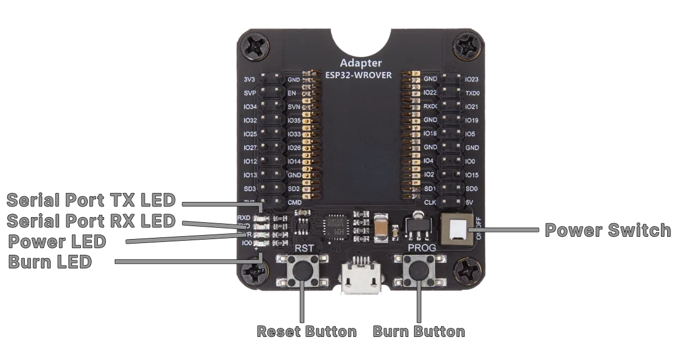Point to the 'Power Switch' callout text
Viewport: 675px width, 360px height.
[x=607, y=231]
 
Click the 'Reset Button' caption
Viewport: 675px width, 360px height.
[x=306, y=331]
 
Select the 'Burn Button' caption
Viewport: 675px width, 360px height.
[x=419, y=331]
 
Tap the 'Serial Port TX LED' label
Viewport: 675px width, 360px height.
[x=91, y=200]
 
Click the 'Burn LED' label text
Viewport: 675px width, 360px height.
[x=51, y=262]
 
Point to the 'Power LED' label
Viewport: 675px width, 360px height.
[x=58, y=242]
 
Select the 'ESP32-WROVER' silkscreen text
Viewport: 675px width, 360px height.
[x=359, y=74]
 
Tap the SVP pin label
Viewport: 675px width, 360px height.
[x=250, y=93]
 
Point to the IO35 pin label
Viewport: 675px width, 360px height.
[x=294, y=120]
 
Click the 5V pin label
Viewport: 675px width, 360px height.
[x=469, y=202]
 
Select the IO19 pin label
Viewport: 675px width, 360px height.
[x=471, y=120]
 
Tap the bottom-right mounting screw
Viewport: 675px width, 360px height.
[x=466, y=272]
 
